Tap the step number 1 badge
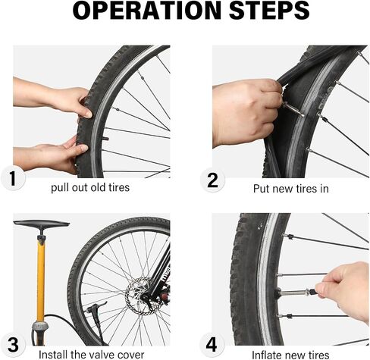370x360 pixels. point(13,179)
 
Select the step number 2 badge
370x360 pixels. point(212,180)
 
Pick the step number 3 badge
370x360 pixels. point(13,345)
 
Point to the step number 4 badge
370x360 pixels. point(212,345)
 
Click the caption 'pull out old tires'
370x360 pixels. point(90,188)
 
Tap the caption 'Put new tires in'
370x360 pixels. point(291,189)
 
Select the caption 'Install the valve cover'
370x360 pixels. point(92,355)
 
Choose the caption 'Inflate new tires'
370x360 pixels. point(290,355)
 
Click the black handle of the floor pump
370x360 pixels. point(42,224)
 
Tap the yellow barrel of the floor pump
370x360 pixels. point(41,279)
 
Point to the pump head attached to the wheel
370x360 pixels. point(96,308)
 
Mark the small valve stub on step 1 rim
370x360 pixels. point(105,139)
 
